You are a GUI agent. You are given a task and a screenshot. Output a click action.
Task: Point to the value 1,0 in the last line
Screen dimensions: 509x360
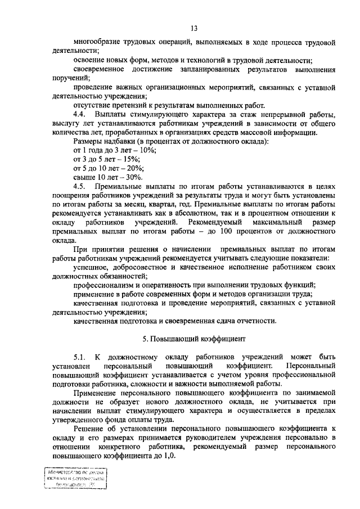(169, 456)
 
